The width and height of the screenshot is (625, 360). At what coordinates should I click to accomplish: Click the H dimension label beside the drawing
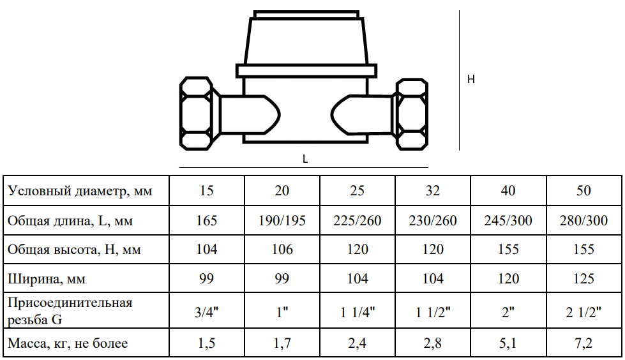click(471, 79)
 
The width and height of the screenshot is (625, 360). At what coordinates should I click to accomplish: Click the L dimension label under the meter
click(305, 159)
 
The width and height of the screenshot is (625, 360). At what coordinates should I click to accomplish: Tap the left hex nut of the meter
click(196, 114)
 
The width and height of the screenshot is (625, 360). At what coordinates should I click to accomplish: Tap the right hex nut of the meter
click(412, 114)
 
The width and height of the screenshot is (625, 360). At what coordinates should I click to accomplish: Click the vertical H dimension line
click(459, 80)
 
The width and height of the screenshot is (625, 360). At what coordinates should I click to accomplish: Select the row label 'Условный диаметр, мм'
click(80, 191)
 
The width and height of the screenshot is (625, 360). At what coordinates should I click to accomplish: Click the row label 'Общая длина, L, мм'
click(70, 220)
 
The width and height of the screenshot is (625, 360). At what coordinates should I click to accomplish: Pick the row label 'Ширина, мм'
click(46, 279)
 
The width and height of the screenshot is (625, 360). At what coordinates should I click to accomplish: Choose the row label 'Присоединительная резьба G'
click(70, 311)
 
